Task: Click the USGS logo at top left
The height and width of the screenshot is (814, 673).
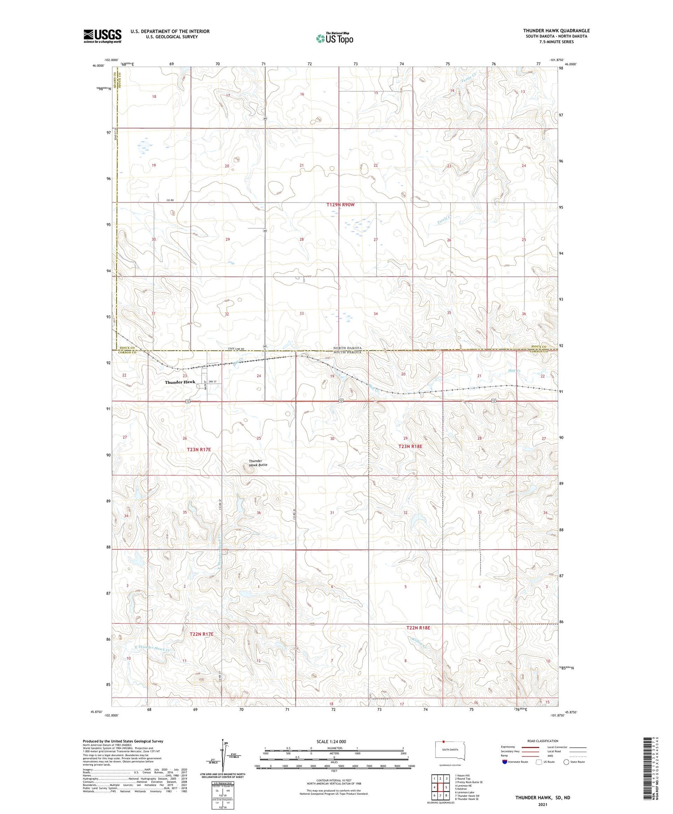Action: tap(102, 36)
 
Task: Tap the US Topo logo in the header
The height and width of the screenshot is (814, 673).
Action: tap(335, 38)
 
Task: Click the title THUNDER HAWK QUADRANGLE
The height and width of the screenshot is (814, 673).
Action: tap(556, 31)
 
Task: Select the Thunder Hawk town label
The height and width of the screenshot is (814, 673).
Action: tap(179, 382)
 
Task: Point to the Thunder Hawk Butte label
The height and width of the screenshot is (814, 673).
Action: tap(258, 463)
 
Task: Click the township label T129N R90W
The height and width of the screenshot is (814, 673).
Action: tap(341, 205)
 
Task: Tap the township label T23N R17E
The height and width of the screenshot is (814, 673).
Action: tap(199, 449)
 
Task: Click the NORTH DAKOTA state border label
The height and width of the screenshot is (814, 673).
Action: tap(347, 348)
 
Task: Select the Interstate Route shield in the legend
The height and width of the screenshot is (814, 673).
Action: tap(505, 762)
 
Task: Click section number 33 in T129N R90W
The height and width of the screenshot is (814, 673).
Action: tap(302, 313)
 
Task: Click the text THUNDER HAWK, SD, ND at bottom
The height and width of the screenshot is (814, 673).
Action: tap(542, 798)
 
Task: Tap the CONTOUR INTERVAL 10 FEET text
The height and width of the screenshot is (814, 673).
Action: tap(333, 780)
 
